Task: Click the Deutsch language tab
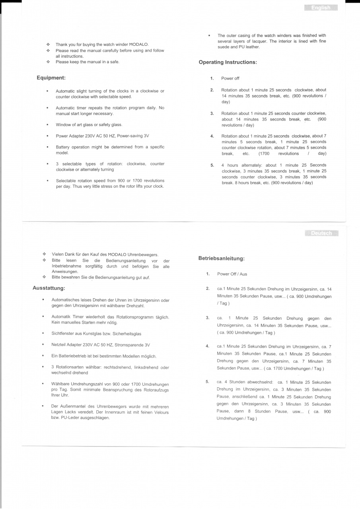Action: (322, 233)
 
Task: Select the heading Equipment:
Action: (51, 78)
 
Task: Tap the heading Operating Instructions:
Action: (228, 62)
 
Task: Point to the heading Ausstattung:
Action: (49, 288)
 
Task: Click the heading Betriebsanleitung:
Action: (221, 258)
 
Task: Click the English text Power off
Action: (230, 78)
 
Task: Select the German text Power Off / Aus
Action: (232, 274)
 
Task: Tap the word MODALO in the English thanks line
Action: (139, 45)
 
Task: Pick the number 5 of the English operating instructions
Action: (212, 165)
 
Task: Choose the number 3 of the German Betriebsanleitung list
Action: (208, 318)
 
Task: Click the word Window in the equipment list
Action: (64, 125)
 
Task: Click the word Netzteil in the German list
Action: (59, 345)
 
